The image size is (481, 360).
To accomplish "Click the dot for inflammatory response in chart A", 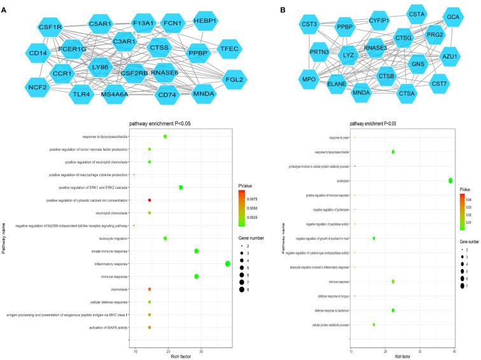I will (x=228, y=264).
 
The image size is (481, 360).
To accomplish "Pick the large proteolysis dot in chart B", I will (x=450, y=181).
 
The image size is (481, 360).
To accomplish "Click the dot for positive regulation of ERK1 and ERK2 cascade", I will (x=181, y=188).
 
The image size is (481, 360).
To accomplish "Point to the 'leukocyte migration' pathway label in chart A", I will (x=113, y=239).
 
